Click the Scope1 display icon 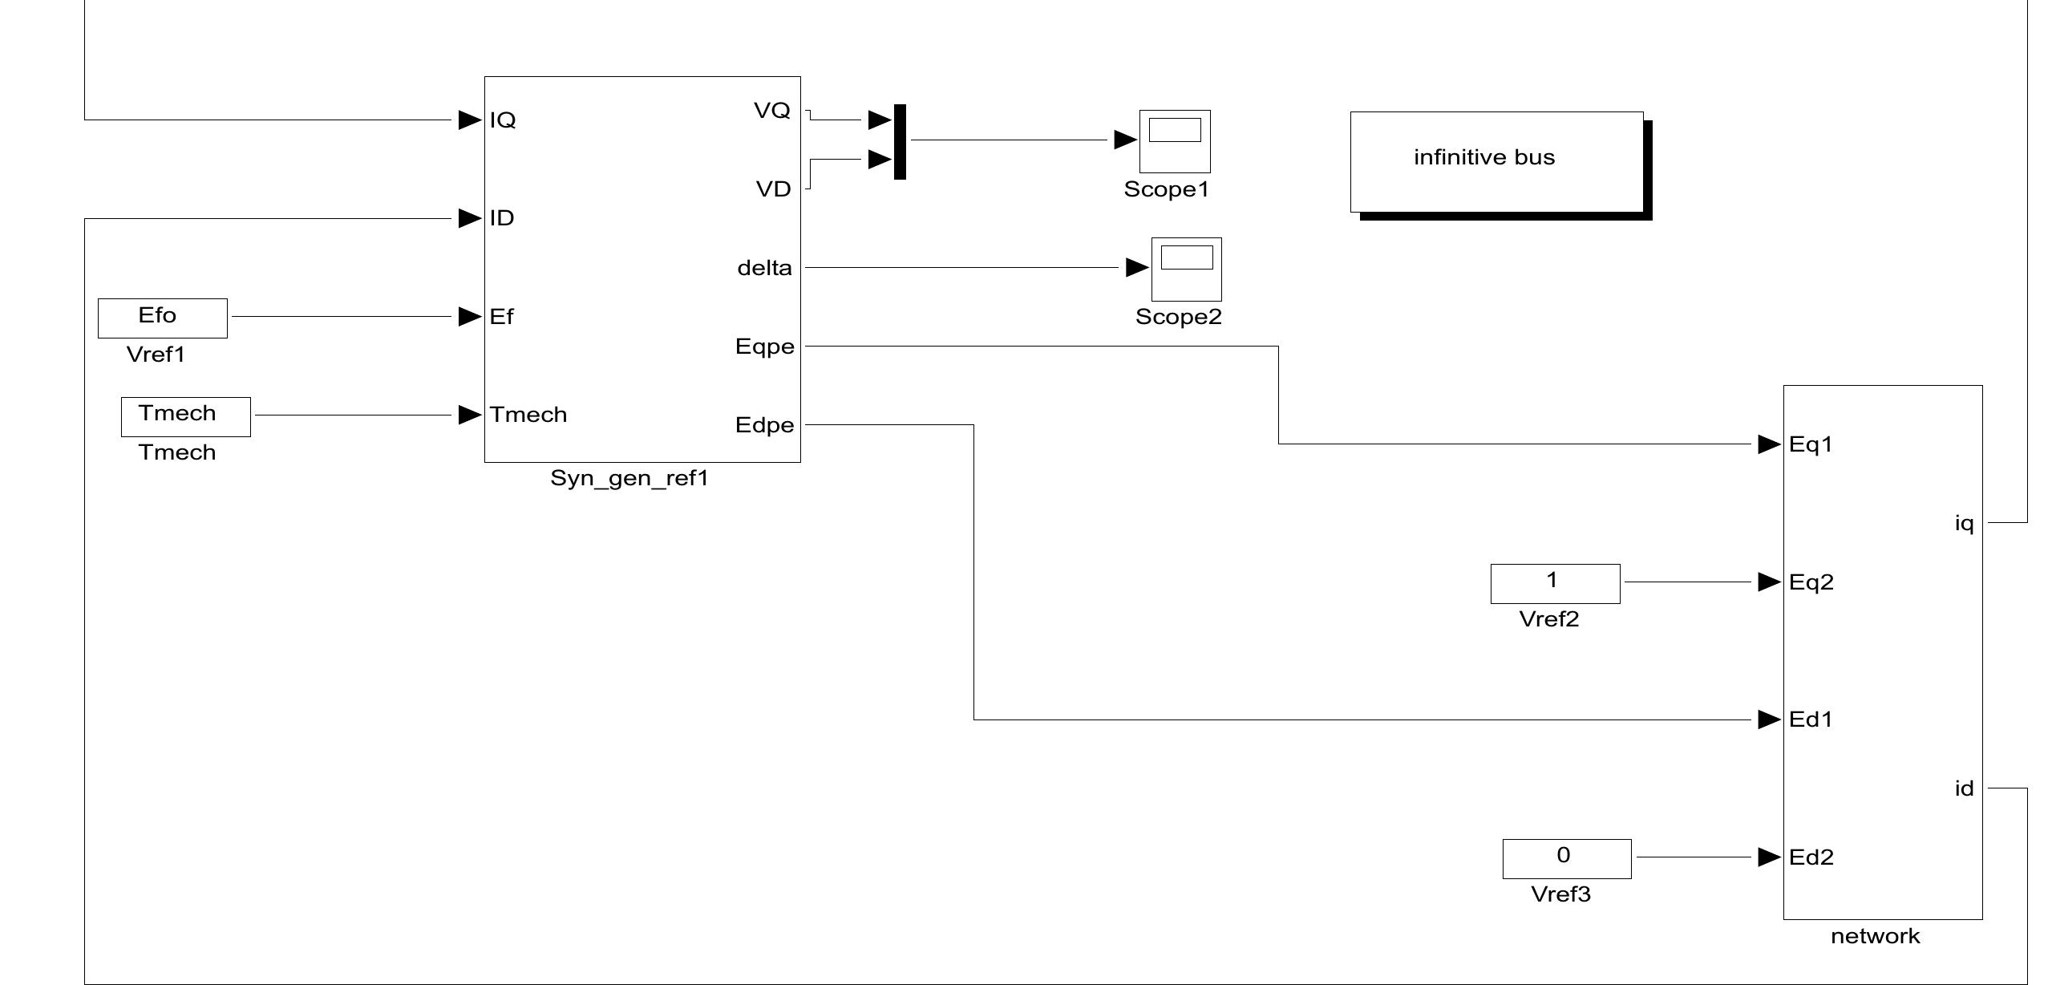(x=1175, y=141)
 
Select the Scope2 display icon (x=1186, y=269)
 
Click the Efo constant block (x=162, y=318)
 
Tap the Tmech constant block (x=185, y=416)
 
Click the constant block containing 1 (x=1555, y=583)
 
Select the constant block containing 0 (x=1566, y=858)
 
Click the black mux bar (x=900, y=141)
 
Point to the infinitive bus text (x=1484, y=157)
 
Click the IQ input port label (x=503, y=120)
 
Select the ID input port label (x=502, y=218)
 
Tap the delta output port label (x=764, y=268)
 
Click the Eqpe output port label (x=764, y=347)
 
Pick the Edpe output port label (x=764, y=425)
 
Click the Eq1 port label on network (x=1811, y=444)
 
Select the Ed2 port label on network (x=1811, y=857)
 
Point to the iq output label (x=1963, y=524)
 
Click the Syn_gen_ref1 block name (x=629, y=479)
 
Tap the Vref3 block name (x=1560, y=894)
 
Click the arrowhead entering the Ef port (x=469, y=317)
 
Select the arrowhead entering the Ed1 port (x=1768, y=719)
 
